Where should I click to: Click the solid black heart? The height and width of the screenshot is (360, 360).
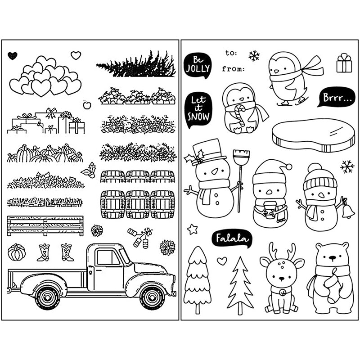coord(13,55)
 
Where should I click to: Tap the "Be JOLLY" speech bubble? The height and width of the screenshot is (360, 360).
coord(198,65)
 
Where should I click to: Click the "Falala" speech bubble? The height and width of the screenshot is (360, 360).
coord(232,239)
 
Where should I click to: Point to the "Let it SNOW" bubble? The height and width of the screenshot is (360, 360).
coord(198,109)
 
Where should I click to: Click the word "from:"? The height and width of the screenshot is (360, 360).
coord(233,69)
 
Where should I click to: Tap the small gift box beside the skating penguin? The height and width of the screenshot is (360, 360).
coord(344,63)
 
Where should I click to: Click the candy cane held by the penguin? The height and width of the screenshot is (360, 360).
coord(241,115)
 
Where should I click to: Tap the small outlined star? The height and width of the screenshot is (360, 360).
coord(193,229)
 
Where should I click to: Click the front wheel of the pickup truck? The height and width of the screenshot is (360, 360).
coord(153,297)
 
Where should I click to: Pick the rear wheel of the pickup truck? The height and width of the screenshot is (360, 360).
coord(48,297)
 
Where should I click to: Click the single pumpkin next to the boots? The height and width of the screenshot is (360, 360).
coord(17,252)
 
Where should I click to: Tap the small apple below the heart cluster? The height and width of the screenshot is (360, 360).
coord(87,105)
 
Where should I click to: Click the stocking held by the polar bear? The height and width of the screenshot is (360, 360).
coord(333,286)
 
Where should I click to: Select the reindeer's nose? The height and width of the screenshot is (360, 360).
coord(281,279)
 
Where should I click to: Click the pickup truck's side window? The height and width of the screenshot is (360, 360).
coord(108,257)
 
